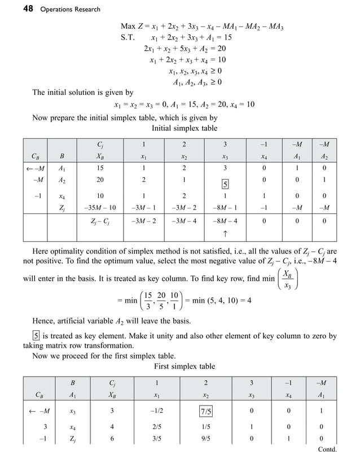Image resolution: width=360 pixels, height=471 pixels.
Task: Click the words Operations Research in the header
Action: (x=70, y=9)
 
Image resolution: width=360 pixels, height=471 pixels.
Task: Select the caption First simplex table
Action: (x=185, y=366)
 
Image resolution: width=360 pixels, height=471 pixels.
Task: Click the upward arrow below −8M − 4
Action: (x=225, y=233)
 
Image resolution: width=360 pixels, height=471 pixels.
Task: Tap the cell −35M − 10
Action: (x=99, y=207)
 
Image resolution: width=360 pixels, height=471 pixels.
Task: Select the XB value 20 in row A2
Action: (x=99, y=180)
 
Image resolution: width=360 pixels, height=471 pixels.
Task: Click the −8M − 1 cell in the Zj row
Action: (x=225, y=207)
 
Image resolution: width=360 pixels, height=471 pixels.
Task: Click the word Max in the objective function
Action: (x=129, y=27)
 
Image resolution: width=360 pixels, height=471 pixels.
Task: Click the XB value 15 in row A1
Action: (x=99, y=167)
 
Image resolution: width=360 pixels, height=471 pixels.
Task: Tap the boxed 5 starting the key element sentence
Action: (x=36, y=336)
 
